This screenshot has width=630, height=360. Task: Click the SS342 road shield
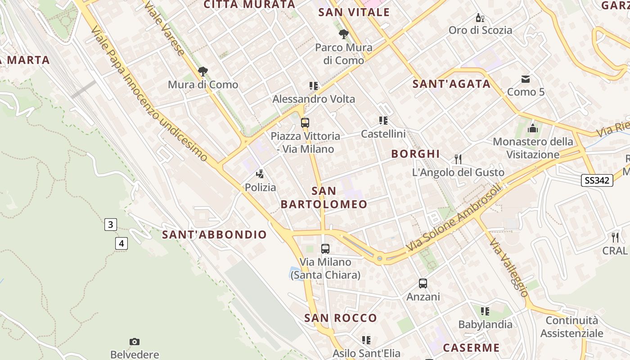(x=597, y=180)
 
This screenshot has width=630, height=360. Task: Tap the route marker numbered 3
(x=111, y=224)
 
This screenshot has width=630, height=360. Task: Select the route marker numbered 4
(x=121, y=243)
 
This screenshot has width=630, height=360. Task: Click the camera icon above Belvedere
(x=135, y=342)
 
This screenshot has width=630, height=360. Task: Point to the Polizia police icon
(x=260, y=174)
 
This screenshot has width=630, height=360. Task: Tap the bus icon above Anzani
(x=423, y=283)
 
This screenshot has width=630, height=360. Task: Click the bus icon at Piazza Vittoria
(x=305, y=122)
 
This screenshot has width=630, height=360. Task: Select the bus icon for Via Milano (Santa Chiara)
(x=325, y=248)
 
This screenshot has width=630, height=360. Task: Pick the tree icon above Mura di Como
(x=203, y=71)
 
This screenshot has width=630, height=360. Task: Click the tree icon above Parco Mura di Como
(x=344, y=34)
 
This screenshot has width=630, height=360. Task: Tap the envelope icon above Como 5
(x=526, y=79)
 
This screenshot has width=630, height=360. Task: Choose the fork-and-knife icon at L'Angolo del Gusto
(x=458, y=159)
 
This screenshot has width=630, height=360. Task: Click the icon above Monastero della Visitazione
(x=533, y=128)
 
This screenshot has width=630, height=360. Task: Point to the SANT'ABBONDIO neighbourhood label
(x=214, y=234)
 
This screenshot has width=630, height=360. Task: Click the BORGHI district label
(x=415, y=154)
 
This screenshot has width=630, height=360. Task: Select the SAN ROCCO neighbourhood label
(x=341, y=318)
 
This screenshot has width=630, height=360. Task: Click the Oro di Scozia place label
(x=480, y=30)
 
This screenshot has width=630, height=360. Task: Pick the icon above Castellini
(x=383, y=120)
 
